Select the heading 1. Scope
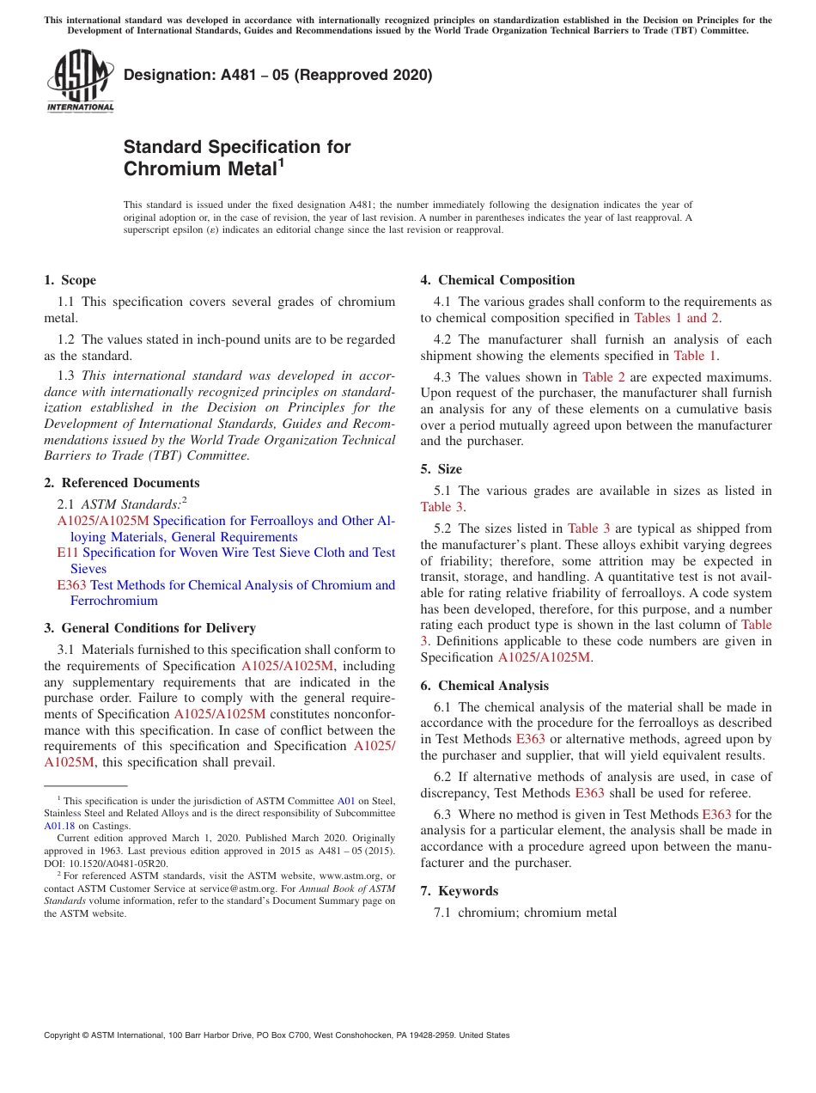70,280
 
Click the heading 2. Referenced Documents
122,483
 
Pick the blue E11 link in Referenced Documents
67,553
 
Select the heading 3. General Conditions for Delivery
149,628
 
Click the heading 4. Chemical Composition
497,280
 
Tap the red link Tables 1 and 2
677,318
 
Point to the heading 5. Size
441,469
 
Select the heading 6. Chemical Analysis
484,686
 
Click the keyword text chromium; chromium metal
537,913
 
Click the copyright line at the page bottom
277,1035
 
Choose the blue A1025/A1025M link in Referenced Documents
103,521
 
